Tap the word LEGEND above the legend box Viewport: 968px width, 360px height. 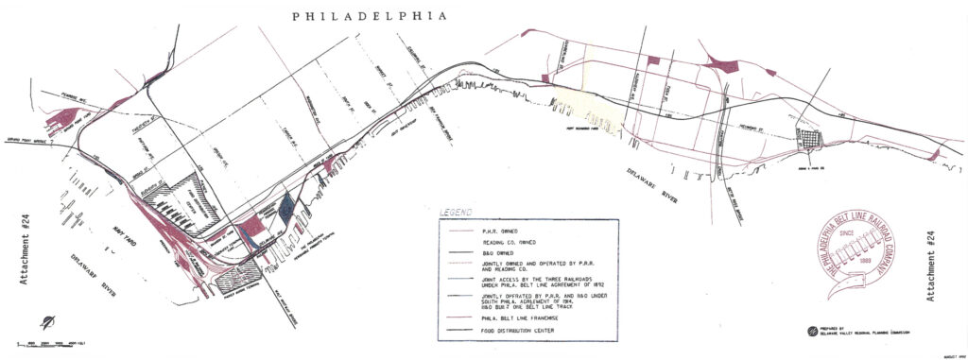[455, 211]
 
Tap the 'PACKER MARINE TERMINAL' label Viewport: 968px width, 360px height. [237, 290]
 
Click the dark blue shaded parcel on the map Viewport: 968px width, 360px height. [285, 207]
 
